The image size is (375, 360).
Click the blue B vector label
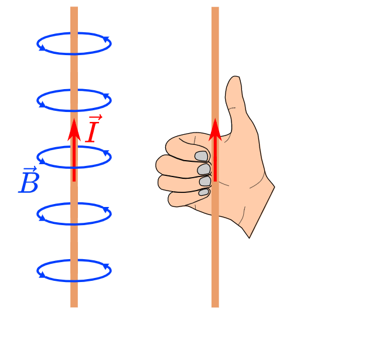[29, 183]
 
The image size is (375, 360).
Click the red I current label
[92, 131]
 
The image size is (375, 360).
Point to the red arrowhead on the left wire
[74, 128]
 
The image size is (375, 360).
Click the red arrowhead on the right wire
[215, 128]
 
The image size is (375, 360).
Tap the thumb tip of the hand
[234, 82]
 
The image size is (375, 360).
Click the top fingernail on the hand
[202, 156]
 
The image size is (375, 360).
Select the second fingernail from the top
[204, 169]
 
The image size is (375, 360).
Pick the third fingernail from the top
[205, 181]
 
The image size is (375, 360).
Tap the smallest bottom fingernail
[204, 192]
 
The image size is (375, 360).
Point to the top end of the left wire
[74, 9]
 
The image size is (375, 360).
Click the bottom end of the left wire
[74, 305]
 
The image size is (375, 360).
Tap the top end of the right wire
[215, 9]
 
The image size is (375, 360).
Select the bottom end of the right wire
[215, 305]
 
